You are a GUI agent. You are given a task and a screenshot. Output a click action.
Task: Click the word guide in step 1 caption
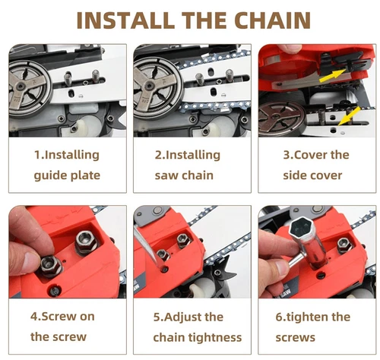pos(51,176)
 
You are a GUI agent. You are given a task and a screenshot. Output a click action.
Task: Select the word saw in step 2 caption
pos(165,175)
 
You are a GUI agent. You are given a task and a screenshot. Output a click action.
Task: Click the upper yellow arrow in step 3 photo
pos(333,76)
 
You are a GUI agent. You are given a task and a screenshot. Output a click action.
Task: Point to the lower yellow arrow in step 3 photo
pos(349,116)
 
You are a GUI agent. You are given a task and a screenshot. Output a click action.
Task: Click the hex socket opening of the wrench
pos(302,229)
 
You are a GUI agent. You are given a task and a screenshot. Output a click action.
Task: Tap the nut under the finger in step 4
pos(51,266)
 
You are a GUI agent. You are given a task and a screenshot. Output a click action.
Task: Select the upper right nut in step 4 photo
pos(86,242)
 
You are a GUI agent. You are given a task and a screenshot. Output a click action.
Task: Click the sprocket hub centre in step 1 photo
pos(21,87)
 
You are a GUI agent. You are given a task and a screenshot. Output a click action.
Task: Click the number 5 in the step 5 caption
pos(157,317)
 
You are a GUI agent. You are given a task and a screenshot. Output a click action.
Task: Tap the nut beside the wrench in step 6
pos(344,245)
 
